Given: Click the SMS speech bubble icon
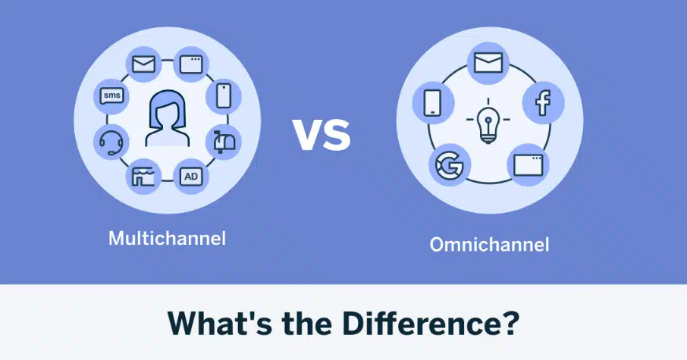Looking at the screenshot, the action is click(x=111, y=96).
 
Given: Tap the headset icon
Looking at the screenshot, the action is click(x=111, y=142).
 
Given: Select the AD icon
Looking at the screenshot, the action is click(x=191, y=177).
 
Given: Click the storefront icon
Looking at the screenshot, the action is click(x=143, y=177).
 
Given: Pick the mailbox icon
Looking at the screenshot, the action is click(x=224, y=142).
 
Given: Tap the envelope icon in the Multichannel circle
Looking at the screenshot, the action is click(x=144, y=64).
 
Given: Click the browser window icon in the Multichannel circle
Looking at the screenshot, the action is click(x=192, y=64).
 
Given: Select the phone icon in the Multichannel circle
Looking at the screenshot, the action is click(x=224, y=96).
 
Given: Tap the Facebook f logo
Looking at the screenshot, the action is click(x=543, y=102).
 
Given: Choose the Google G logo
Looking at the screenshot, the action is click(x=450, y=165).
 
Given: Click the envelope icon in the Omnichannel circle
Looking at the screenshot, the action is click(x=488, y=63).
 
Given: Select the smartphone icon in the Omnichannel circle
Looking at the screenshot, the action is click(x=433, y=103).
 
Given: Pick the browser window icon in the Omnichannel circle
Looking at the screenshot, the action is click(x=528, y=164).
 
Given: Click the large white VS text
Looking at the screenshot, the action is click(x=322, y=134).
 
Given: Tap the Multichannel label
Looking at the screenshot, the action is click(x=168, y=238).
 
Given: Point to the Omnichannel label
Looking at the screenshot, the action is click(x=489, y=244).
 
